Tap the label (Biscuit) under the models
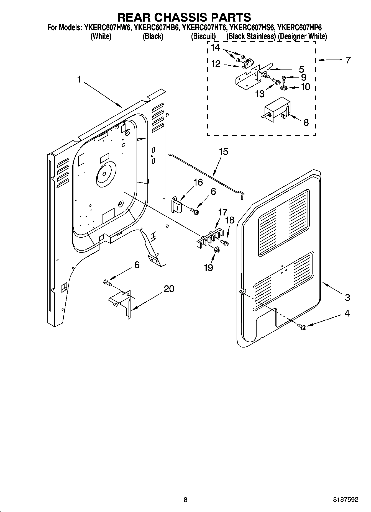[203, 36]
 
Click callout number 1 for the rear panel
[79, 80]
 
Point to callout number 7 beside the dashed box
[348, 60]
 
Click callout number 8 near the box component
[306, 122]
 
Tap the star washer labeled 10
[283, 88]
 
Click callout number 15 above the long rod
[223, 152]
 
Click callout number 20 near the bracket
[169, 289]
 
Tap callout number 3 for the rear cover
[347, 298]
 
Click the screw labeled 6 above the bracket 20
[107, 283]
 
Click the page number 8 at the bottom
[185, 500]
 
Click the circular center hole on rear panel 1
[104, 174]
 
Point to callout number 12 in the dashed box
[216, 64]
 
